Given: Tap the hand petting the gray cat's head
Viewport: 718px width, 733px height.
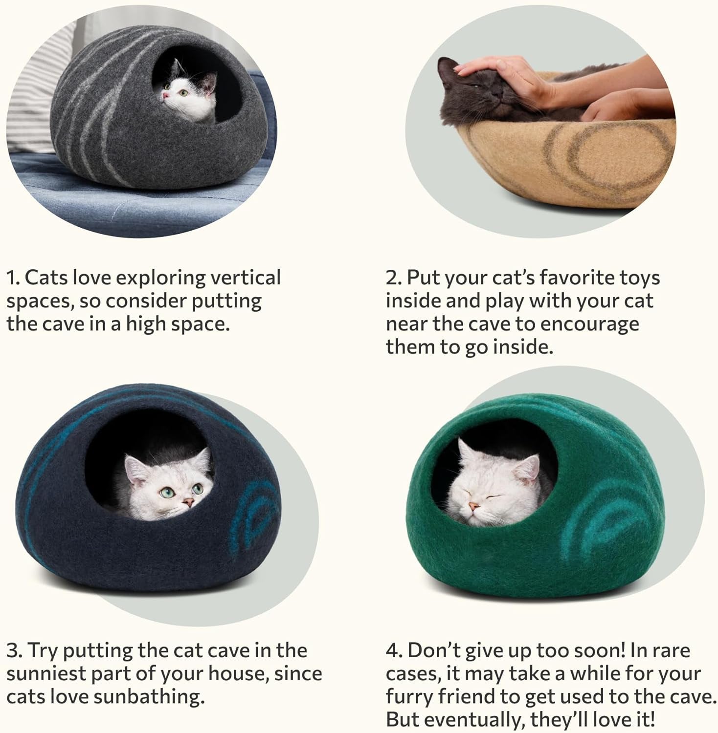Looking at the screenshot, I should point(504,73).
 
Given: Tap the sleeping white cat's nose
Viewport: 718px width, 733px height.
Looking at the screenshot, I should point(472,506).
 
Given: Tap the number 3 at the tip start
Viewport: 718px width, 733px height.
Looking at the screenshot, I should point(13,651).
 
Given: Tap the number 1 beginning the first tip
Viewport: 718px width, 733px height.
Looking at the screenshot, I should point(12,278).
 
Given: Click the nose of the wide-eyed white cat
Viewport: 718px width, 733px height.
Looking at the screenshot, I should point(187,501).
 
